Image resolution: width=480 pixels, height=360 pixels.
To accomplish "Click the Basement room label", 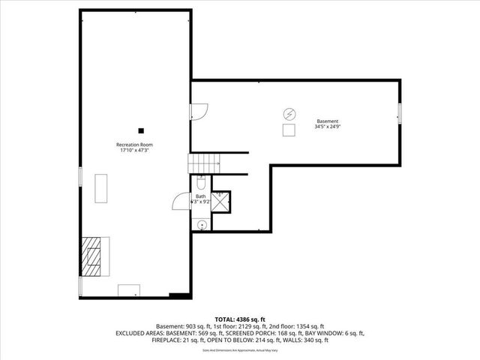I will (x=327, y=121).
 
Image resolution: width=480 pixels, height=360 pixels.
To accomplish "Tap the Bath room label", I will (x=201, y=196).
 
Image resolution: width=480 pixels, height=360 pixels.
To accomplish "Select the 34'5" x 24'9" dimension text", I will (x=327, y=127).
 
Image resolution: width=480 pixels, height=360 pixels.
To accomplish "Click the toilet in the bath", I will (x=201, y=183).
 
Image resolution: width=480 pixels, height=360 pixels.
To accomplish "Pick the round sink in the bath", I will (x=202, y=225).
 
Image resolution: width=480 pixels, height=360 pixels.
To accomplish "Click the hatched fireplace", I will (x=93, y=254).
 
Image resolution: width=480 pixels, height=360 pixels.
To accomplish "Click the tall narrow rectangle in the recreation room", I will (x=100, y=187).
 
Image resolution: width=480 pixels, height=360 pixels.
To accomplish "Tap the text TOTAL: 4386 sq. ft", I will (x=240, y=319).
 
